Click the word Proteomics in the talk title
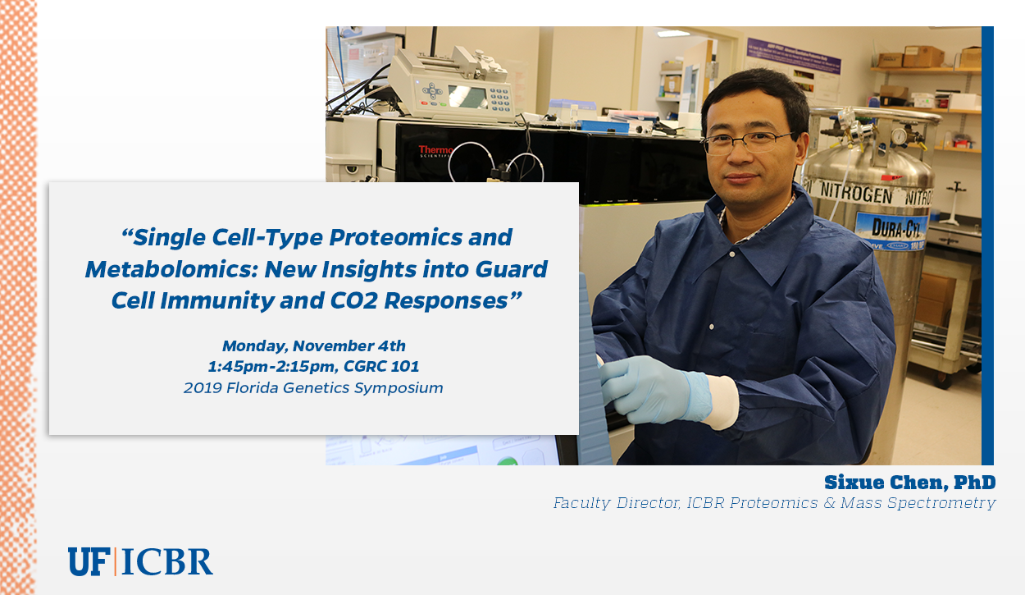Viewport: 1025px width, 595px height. click(x=395, y=238)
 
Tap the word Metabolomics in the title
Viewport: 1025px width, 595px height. click(x=168, y=269)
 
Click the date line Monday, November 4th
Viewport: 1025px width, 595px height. click(x=314, y=346)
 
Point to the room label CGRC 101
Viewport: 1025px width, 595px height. click(x=381, y=366)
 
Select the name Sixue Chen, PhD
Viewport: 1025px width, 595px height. click(x=909, y=483)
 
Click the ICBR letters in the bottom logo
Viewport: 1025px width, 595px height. click(x=167, y=561)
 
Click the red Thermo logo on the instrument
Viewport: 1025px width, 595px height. click(x=435, y=150)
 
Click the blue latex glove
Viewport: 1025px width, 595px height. click(x=655, y=389)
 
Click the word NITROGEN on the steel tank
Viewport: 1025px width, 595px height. click(x=856, y=193)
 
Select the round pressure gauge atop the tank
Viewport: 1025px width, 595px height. click(x=899, y=136)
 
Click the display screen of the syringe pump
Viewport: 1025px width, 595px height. click(x=467, y=96)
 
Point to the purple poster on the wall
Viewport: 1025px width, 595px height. click(x=794, y=56)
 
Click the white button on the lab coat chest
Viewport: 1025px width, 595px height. click(x=732, y=254)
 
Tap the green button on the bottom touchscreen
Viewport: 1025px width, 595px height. click(x=507, y=460)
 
